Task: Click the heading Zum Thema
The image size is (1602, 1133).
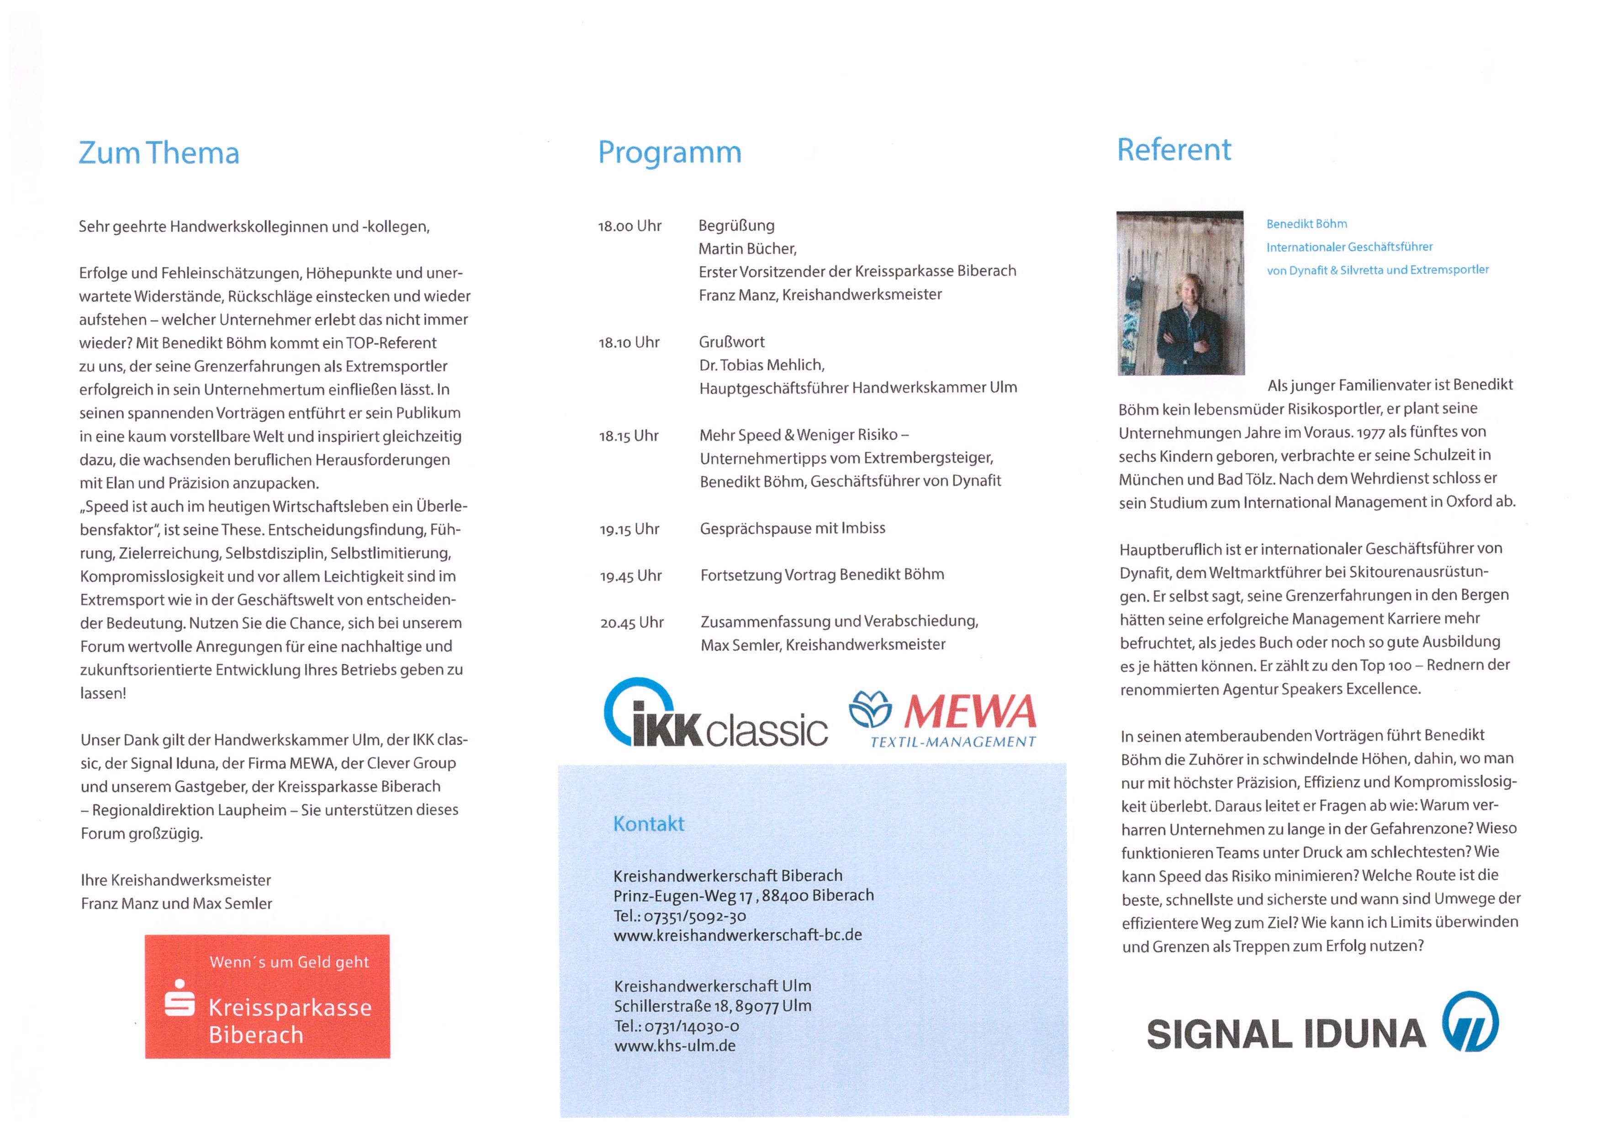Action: [159, 153]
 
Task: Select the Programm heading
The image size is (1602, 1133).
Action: [669, 152]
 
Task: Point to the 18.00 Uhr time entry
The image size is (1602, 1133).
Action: [629, 226]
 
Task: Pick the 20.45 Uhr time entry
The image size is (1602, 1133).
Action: [631, 622]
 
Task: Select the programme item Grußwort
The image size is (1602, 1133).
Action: [731, 342]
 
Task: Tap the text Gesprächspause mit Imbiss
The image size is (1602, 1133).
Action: [793, 528]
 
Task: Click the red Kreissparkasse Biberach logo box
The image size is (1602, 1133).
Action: [267, 996]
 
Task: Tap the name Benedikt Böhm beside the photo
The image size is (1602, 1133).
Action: [1306, 224]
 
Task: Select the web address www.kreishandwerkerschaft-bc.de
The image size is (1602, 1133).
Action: [738, 935]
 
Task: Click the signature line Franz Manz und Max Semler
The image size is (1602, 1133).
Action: [176, 903]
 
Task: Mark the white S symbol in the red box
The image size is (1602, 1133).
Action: [180, 998]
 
